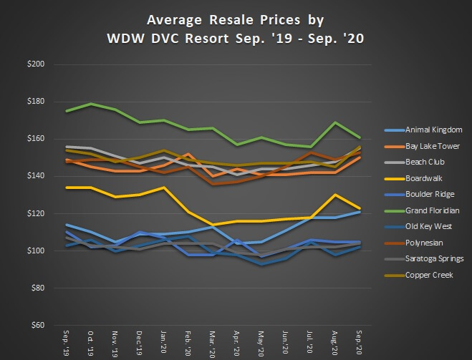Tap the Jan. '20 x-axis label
[x=163, y=343]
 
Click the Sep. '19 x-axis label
[x=67, y=343]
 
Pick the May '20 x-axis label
[x=261, y=343]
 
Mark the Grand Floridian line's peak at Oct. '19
[x=91, y=104]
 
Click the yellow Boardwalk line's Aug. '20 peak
[x=334, y=195]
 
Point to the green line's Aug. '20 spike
[x=334, y=122]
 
